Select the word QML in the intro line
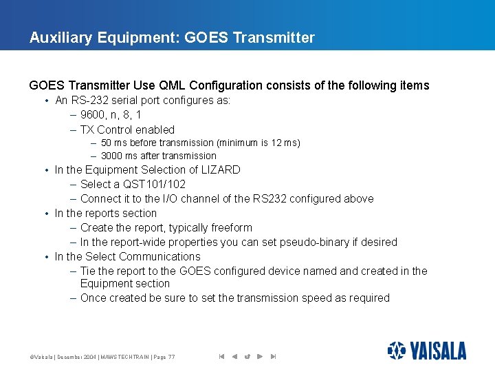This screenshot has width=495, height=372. click(172, 85)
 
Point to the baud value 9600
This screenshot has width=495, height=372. click(93, 115)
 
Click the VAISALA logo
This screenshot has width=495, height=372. click(426, 351)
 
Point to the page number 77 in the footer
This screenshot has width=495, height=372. click(171, 357)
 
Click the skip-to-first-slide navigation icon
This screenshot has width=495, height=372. click(221, 356)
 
